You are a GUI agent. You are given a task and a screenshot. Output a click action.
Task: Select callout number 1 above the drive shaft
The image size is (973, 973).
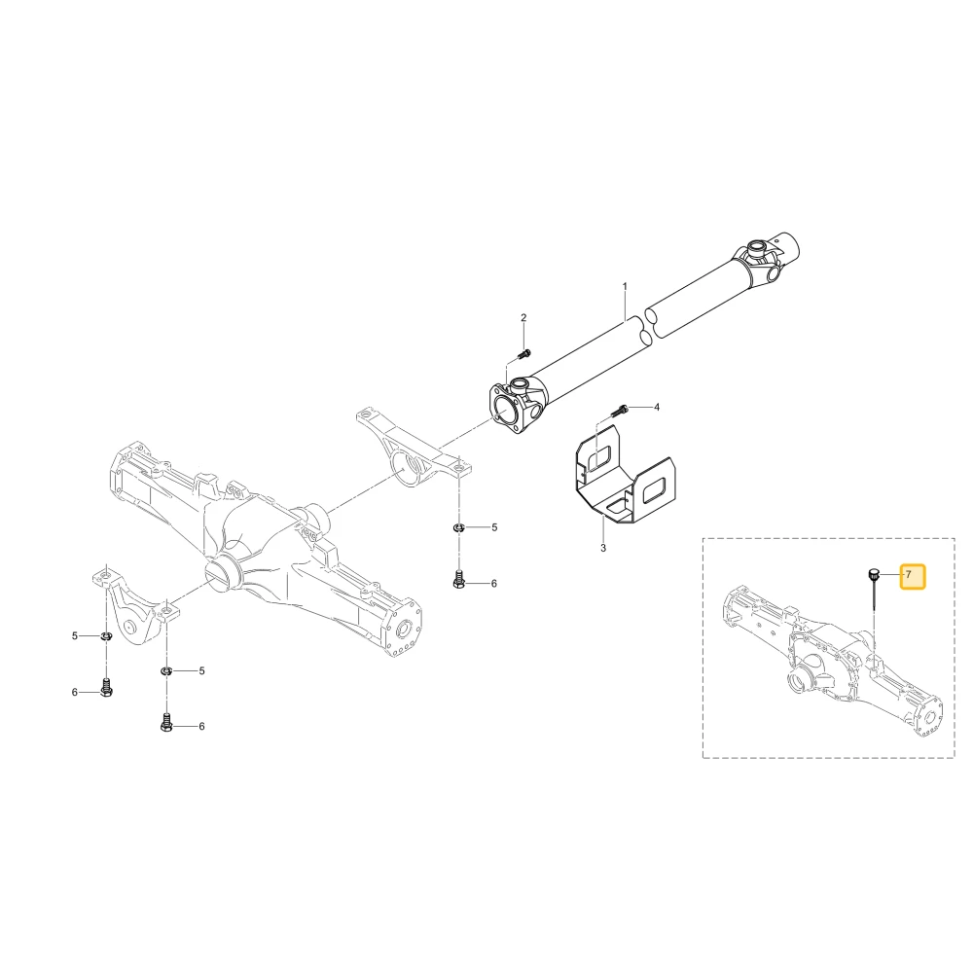point(625,286)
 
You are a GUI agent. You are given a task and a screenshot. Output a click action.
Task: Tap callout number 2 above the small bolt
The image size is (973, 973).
point(523,318)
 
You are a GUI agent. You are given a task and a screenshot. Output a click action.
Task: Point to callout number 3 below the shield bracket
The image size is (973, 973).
point(603,549)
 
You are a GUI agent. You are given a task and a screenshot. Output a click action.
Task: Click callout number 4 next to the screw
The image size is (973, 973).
point(657,407)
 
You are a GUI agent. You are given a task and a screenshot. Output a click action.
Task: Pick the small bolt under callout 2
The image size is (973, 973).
point(523,354)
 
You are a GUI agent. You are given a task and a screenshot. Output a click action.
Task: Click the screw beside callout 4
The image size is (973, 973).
point(621,410)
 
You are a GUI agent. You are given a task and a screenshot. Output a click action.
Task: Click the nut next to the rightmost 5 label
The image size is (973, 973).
point(458,528)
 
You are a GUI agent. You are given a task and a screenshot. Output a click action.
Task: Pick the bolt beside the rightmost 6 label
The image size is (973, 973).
point(458,580)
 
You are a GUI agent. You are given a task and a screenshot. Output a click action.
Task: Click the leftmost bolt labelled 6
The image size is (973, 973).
point(106,688)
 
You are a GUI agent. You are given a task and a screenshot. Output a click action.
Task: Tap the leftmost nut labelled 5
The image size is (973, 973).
point(106,636)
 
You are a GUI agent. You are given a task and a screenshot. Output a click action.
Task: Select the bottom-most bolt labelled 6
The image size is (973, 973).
point(166,722)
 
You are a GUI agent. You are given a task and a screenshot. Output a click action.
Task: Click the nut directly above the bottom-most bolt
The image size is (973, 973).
point(166,670)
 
